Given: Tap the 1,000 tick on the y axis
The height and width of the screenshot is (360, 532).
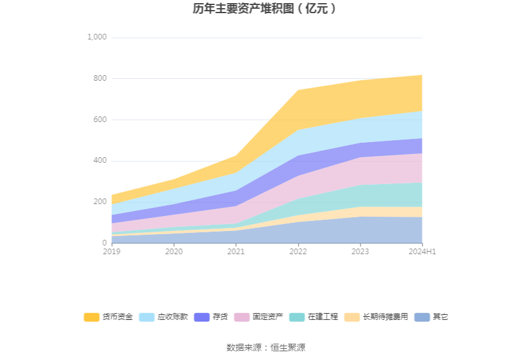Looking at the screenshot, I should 97,38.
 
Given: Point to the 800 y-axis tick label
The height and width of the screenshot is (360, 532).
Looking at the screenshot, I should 100,79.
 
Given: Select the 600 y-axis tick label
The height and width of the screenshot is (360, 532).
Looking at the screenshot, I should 100,120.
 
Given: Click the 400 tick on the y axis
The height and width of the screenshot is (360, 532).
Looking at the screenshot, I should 100,161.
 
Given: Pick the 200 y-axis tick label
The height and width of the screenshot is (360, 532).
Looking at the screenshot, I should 100,202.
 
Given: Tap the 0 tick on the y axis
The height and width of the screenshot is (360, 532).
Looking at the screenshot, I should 105,243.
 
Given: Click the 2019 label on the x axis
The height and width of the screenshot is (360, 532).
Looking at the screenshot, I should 112,252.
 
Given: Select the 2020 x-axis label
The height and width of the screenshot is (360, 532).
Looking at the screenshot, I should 174,252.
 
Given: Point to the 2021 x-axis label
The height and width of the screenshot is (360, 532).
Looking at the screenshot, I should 236,252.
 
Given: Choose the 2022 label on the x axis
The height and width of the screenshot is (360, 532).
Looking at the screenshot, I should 298,252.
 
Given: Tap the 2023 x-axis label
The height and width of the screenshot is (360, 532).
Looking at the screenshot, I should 360,252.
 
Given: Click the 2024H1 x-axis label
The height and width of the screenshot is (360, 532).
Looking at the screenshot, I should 422,252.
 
